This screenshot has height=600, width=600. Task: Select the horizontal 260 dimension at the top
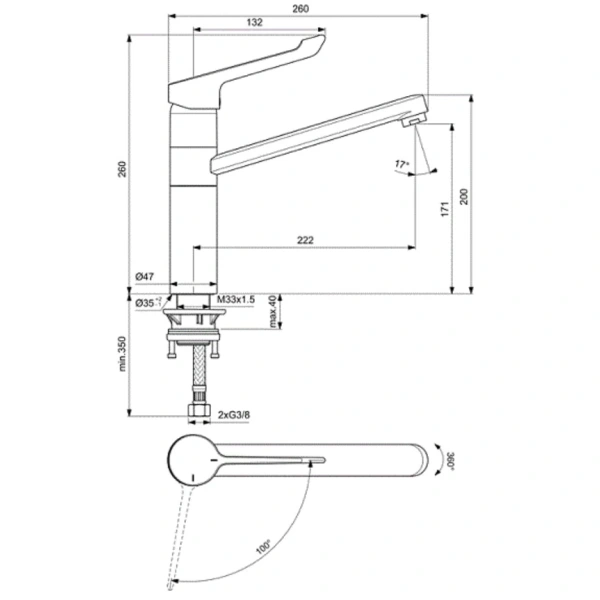pyautogui.click(x=301, y=9)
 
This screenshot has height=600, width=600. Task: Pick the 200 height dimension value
pyautogui.click(x=463, y=196)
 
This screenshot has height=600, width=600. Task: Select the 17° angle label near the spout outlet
pyautogui.click(x=402, y=162)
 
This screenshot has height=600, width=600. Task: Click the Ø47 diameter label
pyautogui.click(x=142, y=277)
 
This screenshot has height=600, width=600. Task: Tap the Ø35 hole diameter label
pyautogui.click(x=145, y=300)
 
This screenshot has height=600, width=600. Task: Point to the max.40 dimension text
pyautogui.click(x=272, y=311)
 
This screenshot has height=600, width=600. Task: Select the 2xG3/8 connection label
pyautogui.click(x=233, y=413)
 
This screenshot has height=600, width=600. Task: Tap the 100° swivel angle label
pyautogui.click(x=263, y=546)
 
